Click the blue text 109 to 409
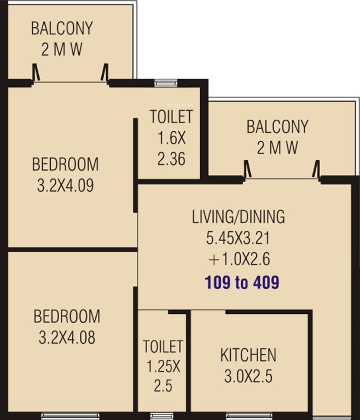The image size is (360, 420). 242,283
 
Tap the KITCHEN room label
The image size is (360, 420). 248,355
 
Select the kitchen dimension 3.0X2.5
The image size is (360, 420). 248,377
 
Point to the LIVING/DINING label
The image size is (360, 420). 238,217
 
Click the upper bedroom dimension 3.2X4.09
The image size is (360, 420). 65,185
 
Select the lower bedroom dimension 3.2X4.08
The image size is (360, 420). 67,337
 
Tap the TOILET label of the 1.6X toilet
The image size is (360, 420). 171,116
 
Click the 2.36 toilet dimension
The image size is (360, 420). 171,159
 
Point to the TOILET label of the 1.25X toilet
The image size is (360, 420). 162,347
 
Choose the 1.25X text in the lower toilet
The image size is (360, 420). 162,366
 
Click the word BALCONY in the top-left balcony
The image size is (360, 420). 62,28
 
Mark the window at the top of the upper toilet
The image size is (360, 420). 162,83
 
